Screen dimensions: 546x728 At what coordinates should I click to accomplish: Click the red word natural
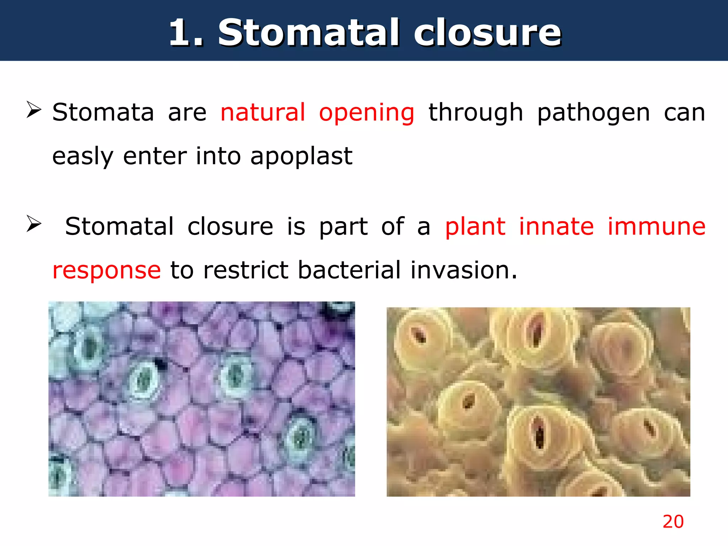click(263, 112)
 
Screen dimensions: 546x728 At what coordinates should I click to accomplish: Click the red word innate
click(556, 226)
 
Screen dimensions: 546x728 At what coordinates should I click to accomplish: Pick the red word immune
click(656, 226)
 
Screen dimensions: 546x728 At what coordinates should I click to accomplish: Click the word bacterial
click(349, 270)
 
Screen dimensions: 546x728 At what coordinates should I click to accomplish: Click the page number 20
click(673, 522)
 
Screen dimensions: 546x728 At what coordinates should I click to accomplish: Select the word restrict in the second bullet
click(246, 270)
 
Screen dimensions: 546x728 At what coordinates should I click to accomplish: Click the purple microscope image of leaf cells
click(202, 399)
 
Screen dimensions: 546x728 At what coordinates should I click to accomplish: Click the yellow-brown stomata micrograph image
click(538, 402)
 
